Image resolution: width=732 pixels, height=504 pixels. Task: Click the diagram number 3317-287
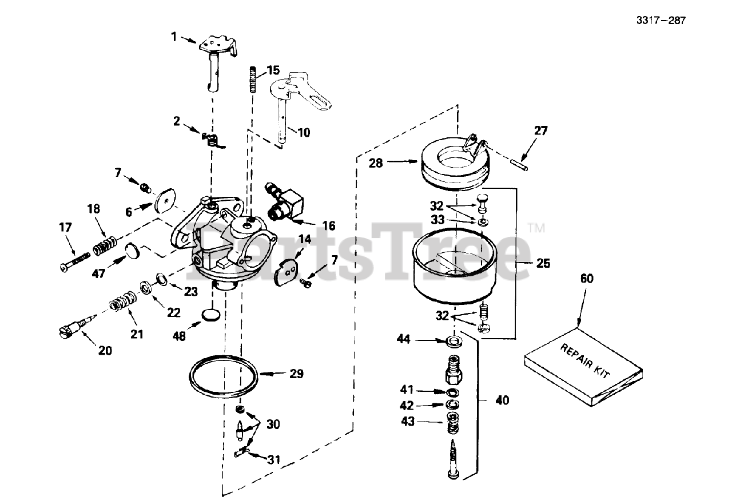point(660,21)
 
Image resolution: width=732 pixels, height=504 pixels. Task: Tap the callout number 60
point(587,279)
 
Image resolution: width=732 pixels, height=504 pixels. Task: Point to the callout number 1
point(174,37)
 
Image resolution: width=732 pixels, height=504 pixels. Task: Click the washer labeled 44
point(456,342)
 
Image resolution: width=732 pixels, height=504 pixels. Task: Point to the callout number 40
point(502,401)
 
